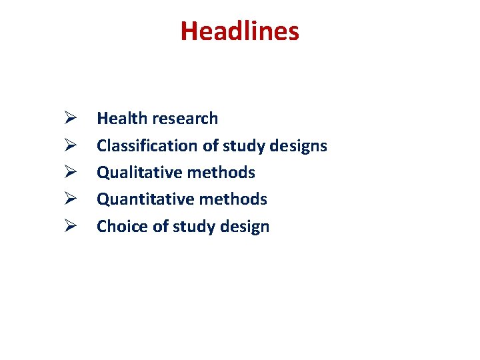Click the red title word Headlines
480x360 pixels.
click(239, 31)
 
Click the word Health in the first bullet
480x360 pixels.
click(121, 119)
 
